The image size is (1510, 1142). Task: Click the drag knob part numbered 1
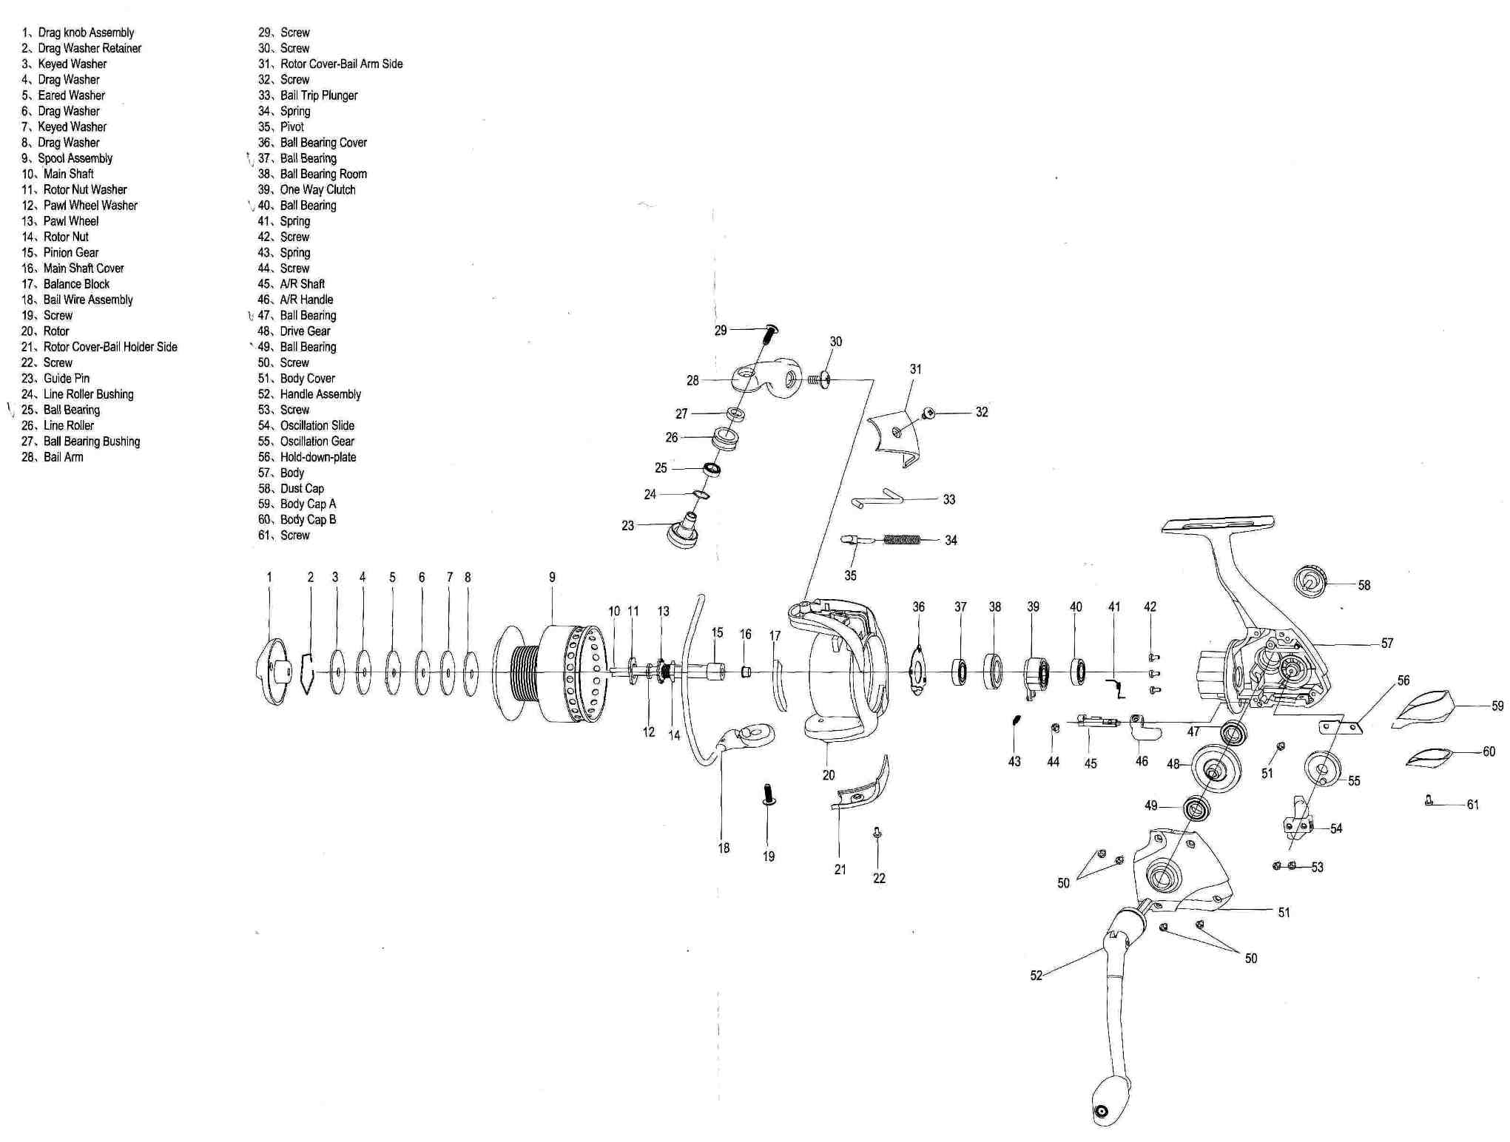[273, 672]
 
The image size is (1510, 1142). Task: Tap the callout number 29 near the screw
[721, 331]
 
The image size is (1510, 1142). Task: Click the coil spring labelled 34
[902, 539]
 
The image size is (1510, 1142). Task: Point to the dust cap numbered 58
[1310, 581]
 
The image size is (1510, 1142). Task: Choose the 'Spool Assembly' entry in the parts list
[75, 158]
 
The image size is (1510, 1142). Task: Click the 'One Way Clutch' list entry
[317, 189]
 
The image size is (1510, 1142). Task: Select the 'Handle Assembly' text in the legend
[320, 394]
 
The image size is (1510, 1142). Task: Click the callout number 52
[1036, 976]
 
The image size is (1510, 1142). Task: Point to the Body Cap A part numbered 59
[1424, 708]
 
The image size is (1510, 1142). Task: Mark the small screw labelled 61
[1429, 800]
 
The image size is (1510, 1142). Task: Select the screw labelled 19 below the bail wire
[769, 794]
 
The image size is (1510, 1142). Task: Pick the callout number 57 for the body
[1386, 643]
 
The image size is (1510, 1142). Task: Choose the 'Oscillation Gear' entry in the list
[317, 442]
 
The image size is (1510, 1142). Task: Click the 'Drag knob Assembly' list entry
[86, 33]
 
